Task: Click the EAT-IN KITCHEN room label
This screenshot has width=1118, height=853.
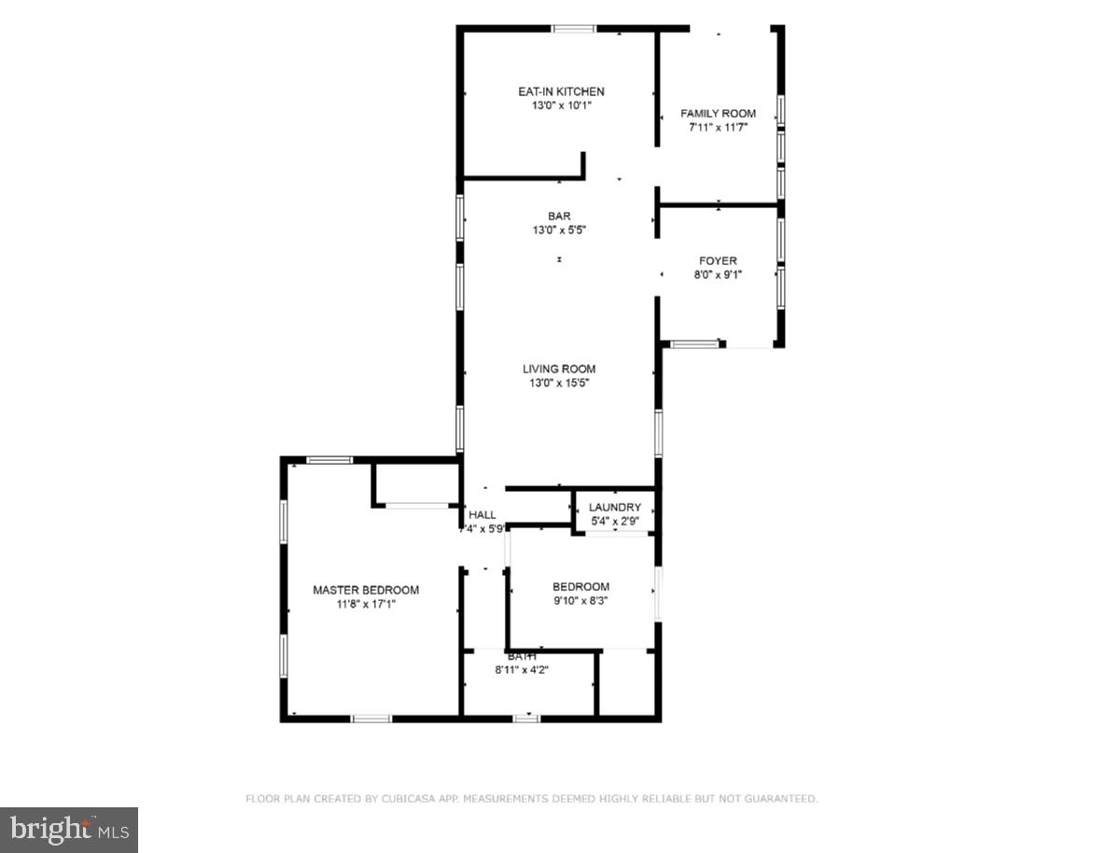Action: (x=561, y=91)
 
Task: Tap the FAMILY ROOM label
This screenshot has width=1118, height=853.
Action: (x=718, y=114)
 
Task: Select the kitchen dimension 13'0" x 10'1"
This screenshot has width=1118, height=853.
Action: (x=561, y=106)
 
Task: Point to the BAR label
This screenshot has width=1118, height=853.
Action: (x=559, y=216)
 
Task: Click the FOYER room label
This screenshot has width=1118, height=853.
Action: (x=718, y=261)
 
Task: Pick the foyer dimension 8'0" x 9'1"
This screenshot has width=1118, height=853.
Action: (x=718, y=275)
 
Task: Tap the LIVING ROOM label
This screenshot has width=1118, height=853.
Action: (x=559, y=369)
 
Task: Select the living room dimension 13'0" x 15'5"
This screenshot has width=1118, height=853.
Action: (x=559, y=383)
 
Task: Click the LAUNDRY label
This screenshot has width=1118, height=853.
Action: (x=615, y=508)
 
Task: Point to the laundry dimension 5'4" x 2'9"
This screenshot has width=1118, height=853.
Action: (x=615, y=522)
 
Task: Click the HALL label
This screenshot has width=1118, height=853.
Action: (x=482, y=515)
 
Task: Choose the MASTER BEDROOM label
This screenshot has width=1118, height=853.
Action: (x=366, y=590)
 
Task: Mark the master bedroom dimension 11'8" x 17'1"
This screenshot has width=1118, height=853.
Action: (x=366, y=605)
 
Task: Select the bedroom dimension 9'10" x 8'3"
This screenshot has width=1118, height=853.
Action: (x=581, y=602)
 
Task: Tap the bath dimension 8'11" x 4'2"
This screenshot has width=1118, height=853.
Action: (x=522, y=669)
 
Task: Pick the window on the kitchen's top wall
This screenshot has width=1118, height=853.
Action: (x=574, y=29)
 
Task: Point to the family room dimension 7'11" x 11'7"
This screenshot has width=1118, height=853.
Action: (x=718, y=128)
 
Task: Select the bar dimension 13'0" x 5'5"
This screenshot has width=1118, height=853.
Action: (x=559, y=230)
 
